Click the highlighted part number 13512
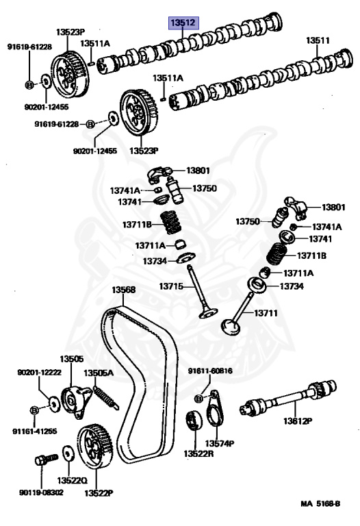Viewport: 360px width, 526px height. pyautogui.click(x=183, y=23)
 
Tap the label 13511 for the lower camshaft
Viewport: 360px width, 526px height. pyautogui.click(x=318, y=40)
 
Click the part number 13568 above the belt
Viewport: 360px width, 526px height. pyautogui.click(x=123, y=290)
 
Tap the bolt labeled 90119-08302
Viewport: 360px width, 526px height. pyautogui.click(x=47, y=459)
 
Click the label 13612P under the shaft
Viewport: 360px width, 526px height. pyautogui.click(x=298, y=421)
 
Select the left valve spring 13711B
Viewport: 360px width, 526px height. pyautogui.click(x=171, y=222)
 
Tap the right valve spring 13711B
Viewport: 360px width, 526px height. pyautogui.click(x=278, y=254)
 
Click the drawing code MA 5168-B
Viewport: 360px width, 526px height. pyautogui.click(x=320, y=503)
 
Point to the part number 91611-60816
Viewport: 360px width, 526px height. pyautogui.click(x=210, y=371)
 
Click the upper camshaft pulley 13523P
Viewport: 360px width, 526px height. pyautogui.click(x=70, y=74)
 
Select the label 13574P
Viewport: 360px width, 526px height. pyautogui.click(x=220, y=444)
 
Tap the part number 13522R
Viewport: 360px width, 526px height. pyautogui.click(x=198, y=453)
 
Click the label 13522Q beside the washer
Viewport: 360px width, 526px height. pyautogui.click(x=72, y=480)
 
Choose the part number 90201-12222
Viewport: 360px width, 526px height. pyautogui.click(x=39, y=373)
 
